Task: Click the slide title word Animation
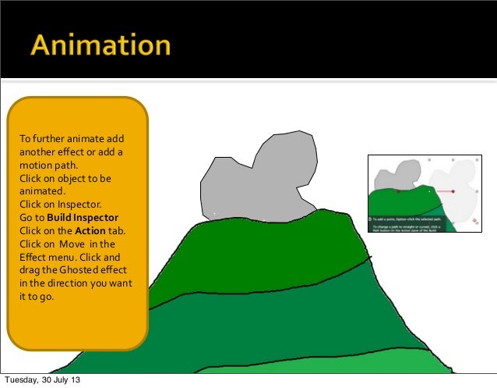click(x=100, y=44)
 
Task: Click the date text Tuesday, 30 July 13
click(x=44, y=380)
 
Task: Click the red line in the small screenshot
click(x=446, y=191)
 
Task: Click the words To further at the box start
click(x=43, y=140)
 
